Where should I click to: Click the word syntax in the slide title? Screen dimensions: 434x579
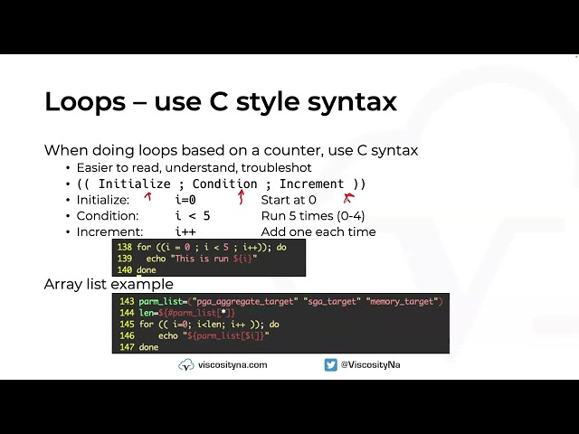(347, 101)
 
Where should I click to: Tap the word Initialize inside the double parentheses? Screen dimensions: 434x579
(134, 184)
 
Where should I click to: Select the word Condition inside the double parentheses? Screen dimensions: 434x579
(224, 184)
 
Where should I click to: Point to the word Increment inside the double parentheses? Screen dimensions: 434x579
(311, 184)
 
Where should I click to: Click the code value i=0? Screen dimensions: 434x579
(185, 200)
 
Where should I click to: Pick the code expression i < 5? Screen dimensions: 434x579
(192, 216)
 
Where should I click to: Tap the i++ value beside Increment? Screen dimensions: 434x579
(185, 231)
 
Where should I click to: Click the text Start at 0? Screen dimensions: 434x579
(289, 200)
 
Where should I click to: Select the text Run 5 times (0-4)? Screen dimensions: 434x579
(312, 216)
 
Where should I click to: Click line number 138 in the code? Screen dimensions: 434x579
(124, 247)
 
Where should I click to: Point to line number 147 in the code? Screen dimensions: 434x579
(126, 347)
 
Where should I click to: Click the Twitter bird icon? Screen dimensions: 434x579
(331, 364)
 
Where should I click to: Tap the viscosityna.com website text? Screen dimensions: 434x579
(233, 364)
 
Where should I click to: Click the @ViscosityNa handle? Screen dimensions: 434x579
(370, 364)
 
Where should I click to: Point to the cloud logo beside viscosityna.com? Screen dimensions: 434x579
(186, 364)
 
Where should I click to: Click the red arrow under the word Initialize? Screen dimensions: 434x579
(147, 196)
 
